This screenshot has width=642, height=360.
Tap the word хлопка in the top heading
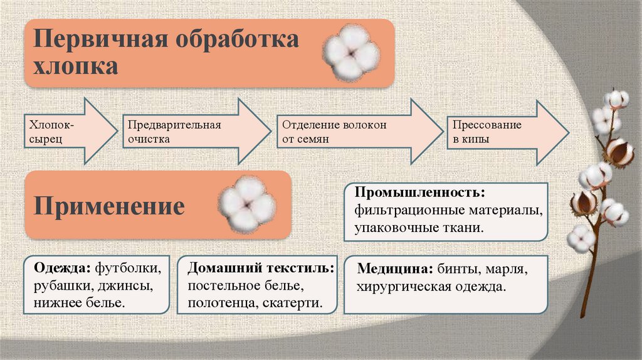tap(76, 66)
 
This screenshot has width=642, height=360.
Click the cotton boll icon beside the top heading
tap(351, 53)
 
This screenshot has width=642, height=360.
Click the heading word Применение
tap(109, 206)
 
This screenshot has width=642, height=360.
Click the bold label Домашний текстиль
tap(261, 268)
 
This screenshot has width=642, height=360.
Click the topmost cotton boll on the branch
tap(616, 98)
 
